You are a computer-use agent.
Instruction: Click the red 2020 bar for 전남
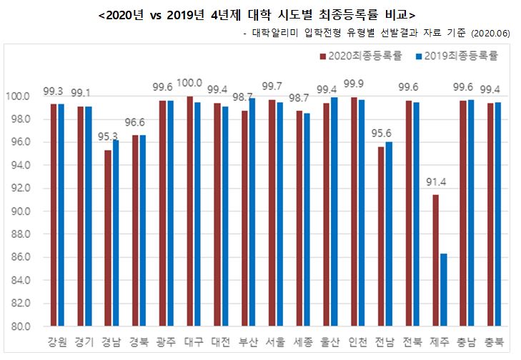[x=381, y=236]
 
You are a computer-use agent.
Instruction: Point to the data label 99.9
[x=354, y=83]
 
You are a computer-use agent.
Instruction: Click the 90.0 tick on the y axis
[x=19, y=211]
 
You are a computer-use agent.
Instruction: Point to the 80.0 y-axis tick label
[x=19, y=326]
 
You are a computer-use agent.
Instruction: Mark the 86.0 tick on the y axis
[x=19, y=257]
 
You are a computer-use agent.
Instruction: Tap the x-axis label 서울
[x=273, y=342]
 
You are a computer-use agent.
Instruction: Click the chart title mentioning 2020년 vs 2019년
[x=258, y=14]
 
